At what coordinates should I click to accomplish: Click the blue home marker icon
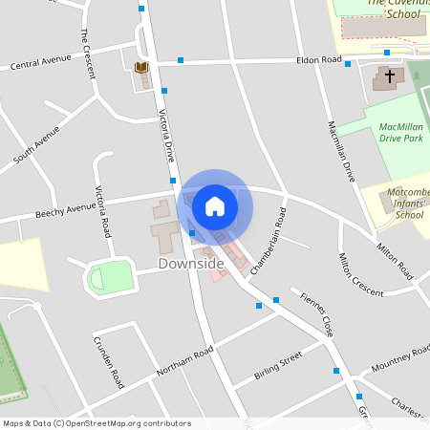point(215,205)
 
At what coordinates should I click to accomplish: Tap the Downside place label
point(191,263)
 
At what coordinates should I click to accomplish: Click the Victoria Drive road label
point(167,140)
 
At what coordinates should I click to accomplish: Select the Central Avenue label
point(41,66)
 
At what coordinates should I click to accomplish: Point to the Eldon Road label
point(318,59)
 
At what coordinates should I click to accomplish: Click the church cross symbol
point(389,75)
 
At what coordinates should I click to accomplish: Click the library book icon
point(141,67)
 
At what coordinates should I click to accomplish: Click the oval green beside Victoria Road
point(110,278)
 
